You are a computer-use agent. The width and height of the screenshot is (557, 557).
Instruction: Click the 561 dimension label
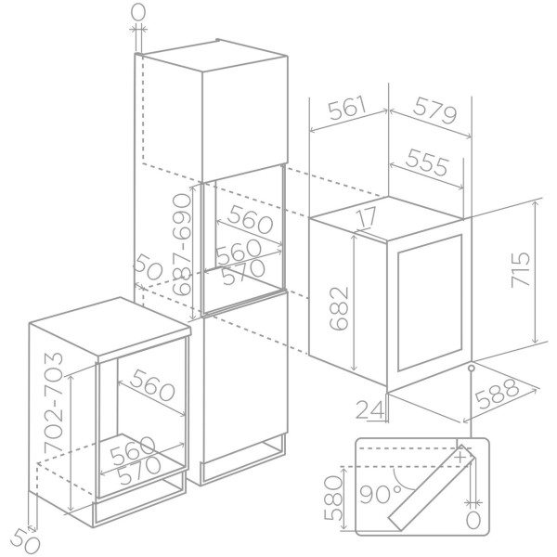[347, 107]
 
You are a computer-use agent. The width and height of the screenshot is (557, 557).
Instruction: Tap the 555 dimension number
[427, 162]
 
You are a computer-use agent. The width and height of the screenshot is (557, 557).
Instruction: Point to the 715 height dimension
[520, 269]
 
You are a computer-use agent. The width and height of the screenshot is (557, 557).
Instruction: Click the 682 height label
[339, 308]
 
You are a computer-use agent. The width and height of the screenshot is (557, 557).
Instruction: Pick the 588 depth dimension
[497, 394]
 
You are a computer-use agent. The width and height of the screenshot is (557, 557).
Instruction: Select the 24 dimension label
[370, 409]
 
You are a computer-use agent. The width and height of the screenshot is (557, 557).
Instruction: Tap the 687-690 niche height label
[182, 245]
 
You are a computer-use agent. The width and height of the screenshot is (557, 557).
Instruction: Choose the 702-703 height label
[53, 402]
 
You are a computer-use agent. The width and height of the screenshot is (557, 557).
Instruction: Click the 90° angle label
[381, 494]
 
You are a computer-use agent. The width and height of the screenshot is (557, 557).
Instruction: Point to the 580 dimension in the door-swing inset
[334, 498]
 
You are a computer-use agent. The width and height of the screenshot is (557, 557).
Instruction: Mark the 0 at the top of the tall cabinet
[137, 13]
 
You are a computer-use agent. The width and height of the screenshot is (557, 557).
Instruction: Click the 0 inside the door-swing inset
[473, 521]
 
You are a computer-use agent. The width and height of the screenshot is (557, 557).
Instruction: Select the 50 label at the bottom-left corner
[25, 543]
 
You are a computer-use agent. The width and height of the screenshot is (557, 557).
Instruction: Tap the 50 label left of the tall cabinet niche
[149, 266]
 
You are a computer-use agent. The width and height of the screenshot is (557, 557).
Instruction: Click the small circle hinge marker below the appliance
[472, 368]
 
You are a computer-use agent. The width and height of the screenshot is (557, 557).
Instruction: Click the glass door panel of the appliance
[430, 306]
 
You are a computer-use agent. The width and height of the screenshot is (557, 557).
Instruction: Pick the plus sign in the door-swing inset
[460, 457]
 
